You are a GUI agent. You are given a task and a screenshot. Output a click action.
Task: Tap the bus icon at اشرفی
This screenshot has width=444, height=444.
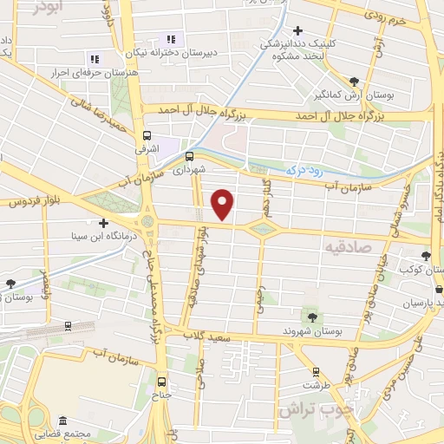coord(147,135)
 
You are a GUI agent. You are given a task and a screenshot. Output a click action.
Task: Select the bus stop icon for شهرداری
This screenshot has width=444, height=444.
coord(190,156)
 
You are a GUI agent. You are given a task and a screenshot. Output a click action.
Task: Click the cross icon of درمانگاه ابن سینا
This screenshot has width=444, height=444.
coord(103,223)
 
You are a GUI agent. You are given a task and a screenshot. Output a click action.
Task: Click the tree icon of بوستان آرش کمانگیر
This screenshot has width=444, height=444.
coord(354,81)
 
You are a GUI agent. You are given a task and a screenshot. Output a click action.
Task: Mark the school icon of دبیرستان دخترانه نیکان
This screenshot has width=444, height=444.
coord(171,39)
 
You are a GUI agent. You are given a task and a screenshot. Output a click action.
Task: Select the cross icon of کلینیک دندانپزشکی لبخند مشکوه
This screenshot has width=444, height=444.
coord(297,30)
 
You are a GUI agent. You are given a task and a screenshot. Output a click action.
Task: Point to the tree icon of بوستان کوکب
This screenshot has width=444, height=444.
coord(426,256)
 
